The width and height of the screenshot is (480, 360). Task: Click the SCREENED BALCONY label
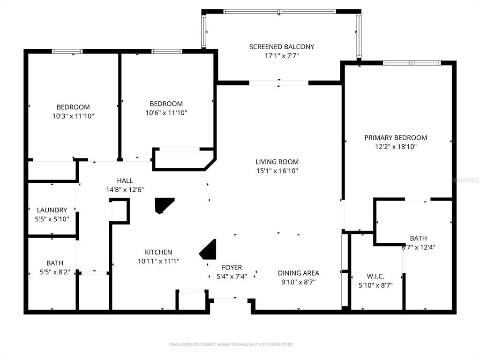coord(281,47)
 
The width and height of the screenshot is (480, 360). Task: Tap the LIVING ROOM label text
coord(277,162)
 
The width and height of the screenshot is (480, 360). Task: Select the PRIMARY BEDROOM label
coord(396,138)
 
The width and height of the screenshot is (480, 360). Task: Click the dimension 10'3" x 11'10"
coord(73,116)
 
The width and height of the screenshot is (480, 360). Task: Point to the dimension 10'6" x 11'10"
coord(166,112)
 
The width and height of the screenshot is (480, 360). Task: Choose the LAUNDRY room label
coord(52,210)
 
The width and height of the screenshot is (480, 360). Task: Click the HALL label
coord(125,180)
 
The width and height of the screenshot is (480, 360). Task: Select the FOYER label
coord(232,268)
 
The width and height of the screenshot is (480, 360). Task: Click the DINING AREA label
coord(298,273)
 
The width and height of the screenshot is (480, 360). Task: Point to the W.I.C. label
coord(375,277)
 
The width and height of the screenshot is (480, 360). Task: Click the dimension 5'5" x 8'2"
coord(55,272)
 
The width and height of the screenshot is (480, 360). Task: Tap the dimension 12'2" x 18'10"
coord(396,147)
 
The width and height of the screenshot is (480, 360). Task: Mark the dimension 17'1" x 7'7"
coord(281,56)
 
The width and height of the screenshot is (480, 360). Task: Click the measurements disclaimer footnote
coord(231,345)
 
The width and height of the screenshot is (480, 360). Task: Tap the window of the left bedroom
coord(67,52)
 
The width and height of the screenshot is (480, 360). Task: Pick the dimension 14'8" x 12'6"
coord(125,190)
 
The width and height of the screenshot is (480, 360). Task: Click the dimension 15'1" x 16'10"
coord(277,171)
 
